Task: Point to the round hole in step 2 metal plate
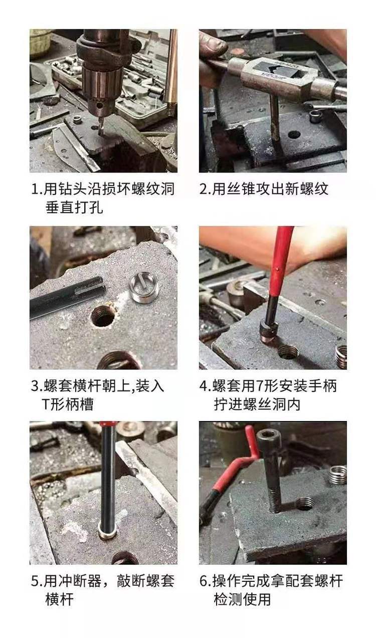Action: pos(294,134)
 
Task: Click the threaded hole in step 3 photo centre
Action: pos(103,317)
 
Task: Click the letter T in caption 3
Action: pos(46,404)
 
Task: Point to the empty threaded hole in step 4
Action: pos(289,352)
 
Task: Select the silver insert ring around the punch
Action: pos(107,534)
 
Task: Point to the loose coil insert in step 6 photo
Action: pos(337,475)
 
